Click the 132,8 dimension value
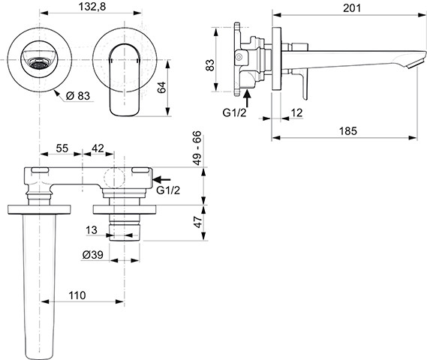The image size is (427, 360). tap(92, 7)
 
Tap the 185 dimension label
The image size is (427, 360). tap(347, 131)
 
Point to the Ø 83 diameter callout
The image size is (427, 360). tap(78, 96)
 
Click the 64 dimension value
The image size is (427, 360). tap(162, 88)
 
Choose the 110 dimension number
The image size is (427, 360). tap(77, 295)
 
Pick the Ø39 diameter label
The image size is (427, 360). tap(92, 255)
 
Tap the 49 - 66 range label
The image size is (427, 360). tap(197, 148)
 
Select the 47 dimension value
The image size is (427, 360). tap(198, 222)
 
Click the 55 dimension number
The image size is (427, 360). tap(62, 148)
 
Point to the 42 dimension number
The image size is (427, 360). tap(98, 148)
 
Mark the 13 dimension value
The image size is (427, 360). tap(92, 230)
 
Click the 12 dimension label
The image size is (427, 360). tap(297, 112)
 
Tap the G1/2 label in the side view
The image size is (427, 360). tap(234, 112)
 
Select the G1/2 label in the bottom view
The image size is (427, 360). tap(168, 190)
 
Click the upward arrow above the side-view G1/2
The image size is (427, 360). tap(247, 99)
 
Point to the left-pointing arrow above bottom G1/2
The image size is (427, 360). tap(161, 179)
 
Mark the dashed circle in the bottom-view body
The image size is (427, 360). tap(114, 178)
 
